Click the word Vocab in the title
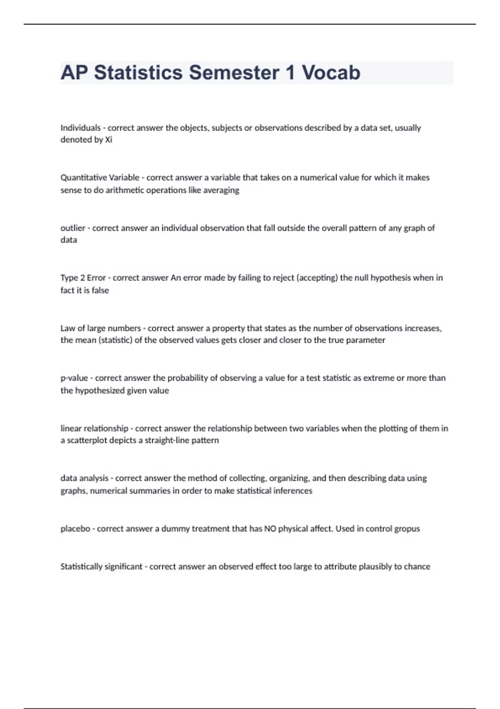click(x=331, y=73)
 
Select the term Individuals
click(x=80, y=128)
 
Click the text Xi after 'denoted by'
click(x=108, y=140)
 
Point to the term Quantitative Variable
click(x=100, y=178)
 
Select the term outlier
click(x=72, y=228)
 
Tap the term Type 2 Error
click(x=83, y=278)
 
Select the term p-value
click(x=74, y=378)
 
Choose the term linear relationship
click(x=94, y=428)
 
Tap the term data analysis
click(x=84, y=478)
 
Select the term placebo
click(x=75, y=529)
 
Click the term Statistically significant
click(x=101, y=567)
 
